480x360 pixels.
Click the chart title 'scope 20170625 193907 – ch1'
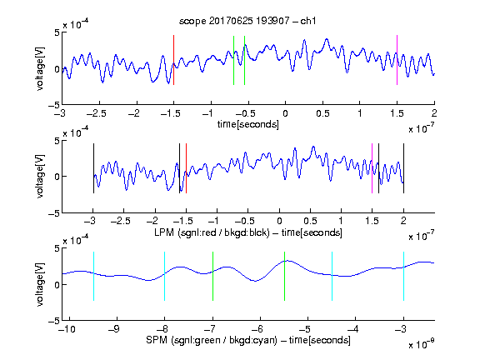tap(247, 21)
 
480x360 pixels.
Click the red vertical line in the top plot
tap(173, 60)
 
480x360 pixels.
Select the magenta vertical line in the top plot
tap(397, 60)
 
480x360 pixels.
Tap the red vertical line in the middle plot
tap(186, 168)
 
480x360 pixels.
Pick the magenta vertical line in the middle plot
tap(372, 168)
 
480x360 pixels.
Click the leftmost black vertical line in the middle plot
tap(93, 168)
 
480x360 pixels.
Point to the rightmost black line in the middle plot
tap(403, 168)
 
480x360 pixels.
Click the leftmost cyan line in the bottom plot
tap(93, 276)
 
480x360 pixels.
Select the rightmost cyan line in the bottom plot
tap(403, 276)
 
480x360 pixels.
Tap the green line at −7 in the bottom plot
tap(212, 276)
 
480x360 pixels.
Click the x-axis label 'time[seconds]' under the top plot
tap(248, 124)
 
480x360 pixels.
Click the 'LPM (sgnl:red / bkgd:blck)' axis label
tap(212, 232)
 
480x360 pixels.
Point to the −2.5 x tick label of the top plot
tap(96, 113)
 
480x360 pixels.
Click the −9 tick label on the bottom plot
tap(114, 329)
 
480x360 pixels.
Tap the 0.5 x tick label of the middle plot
tap(310, 221)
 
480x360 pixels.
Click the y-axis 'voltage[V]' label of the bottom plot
tap(40, 284)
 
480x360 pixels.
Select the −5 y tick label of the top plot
tap(54, 105)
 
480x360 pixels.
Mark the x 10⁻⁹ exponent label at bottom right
tap(421, 344)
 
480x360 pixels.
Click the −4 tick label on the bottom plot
tap(353, 329)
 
